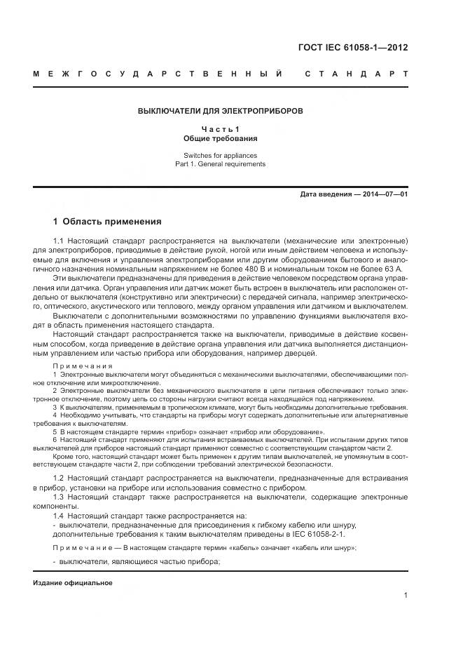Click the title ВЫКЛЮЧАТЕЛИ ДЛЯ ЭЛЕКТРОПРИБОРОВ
click(x=220, y=111)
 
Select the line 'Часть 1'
click(x=220, y=129)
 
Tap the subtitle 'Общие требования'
click(x=220, y=138)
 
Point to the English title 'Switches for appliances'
click(x=220, y=155)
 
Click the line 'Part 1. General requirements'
click(x=220, y=163)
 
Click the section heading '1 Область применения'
click(x=107, y=222)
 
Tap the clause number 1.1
click(x=59, y=242)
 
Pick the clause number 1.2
click(x=59, y=478)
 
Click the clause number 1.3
click(x=59, y=497)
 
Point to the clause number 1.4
click(x=59, y=516)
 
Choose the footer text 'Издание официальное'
click(x=73, y=583)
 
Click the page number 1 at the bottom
click(x=406, y=595)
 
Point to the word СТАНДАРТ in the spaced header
click(x=356, y=74)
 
